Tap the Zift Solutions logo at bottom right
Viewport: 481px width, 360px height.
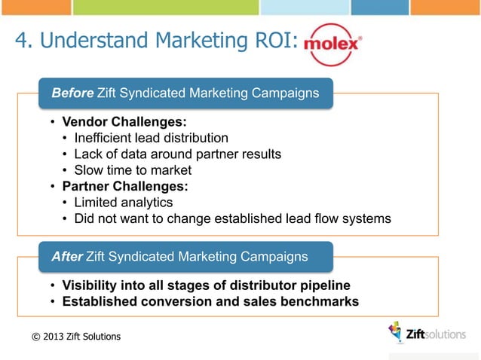pos(426,334)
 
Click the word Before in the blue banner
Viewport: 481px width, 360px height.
pos(72,93)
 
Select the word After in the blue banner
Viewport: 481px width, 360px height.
pos(67,257)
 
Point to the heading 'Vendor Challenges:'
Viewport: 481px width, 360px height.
pos(124,122)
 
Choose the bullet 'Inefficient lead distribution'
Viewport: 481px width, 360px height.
pos(151,138)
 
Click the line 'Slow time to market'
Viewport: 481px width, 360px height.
pos(133,170)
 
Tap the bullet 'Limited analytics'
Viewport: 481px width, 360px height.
pos(124,203)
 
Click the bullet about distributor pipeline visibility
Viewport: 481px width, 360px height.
pos(206,286)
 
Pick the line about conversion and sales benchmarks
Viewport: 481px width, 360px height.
pos(210,302)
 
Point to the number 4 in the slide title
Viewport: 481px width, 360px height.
pos(21,41)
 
